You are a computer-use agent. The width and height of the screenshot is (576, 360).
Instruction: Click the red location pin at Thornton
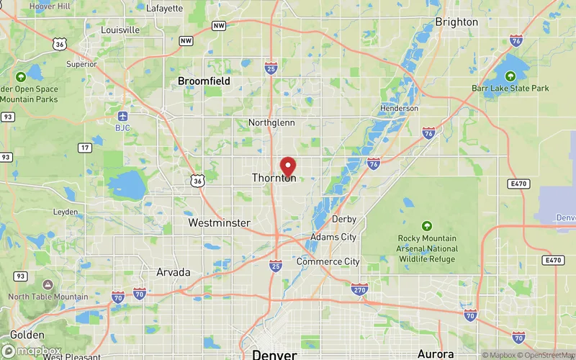288,166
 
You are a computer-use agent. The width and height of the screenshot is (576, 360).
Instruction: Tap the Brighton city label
456,22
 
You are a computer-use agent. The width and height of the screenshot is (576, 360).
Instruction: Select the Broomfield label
204,81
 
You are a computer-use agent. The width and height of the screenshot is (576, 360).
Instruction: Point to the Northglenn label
271,122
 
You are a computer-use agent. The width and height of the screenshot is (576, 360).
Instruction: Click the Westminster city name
219,223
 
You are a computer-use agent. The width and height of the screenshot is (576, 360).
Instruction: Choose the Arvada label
174,272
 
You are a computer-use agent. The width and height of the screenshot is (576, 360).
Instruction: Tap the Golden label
27,335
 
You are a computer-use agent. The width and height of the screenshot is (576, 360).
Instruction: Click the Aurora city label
436,354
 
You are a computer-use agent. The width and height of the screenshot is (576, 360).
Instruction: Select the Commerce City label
328,261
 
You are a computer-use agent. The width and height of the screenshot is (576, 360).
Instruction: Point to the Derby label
344,219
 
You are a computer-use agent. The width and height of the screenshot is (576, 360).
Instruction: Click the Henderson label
400,108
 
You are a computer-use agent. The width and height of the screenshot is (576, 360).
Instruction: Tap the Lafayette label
164,9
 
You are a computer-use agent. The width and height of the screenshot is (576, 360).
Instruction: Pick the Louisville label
120,30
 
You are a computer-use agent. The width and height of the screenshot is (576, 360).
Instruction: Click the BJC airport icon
122,116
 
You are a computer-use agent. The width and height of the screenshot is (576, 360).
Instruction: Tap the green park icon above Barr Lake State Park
510,76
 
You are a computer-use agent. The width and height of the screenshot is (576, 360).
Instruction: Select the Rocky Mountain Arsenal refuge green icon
427,226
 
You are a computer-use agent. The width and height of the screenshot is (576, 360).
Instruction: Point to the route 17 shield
85,148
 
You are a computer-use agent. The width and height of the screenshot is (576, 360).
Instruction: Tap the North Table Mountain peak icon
48,285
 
